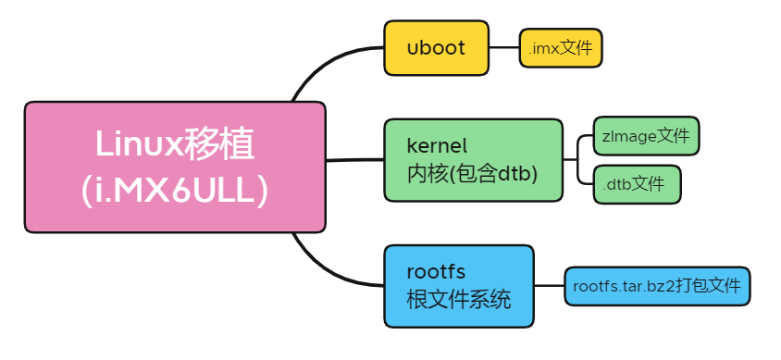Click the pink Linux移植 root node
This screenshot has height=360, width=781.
[174, 167]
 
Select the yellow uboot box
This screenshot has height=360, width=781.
[436, 47]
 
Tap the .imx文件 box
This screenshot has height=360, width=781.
[561, 47]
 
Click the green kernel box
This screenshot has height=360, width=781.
[473, 159]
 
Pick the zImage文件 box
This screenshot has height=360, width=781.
[646, 136]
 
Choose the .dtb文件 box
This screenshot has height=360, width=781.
[636, 183]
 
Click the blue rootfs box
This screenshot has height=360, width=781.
[459, 286]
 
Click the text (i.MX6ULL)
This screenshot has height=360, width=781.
[174, 190]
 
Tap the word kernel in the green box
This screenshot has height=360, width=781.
[438, 146]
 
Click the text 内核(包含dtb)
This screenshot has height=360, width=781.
[472, 173]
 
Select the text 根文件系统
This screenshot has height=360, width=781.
[458, 300]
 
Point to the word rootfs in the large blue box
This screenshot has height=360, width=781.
[435, 272]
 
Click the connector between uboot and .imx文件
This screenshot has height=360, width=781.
[503, 47]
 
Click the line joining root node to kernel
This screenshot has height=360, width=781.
[355, 159]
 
